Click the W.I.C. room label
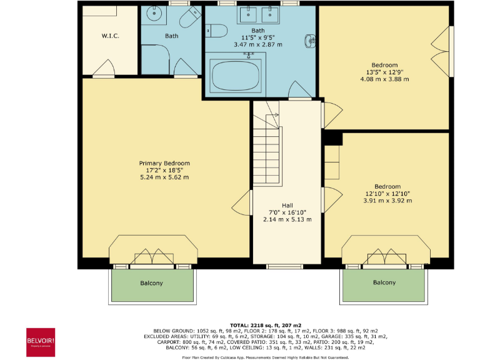pyautogui.click(x=111, y=36)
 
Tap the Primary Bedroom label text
pyautogui.click(x=164, y=163)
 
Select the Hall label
pyautogui.click(x=287, y=206)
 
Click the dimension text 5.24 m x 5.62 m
pyautogui.click(x=164, y=177)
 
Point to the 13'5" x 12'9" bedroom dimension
pyautogui.click(x=384, y=72)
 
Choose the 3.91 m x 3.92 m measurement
pyautogui.click(x=387, y=200)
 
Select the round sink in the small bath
pyautogui.click(x=154, y=14)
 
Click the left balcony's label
pyautogui.click(x=151, y=283)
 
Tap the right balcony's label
pyautogui.click(x=384, y=282)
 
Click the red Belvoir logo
pyautogui.click(x=40, y=342)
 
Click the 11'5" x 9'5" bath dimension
pyautogui.click(x=257, y=37)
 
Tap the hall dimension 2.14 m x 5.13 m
pyautogui.click(x=287, y=219)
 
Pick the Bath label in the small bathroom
pyautogui.click(x=171, y=36)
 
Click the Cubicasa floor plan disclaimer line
pyautogui.click(x=264, y=357)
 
